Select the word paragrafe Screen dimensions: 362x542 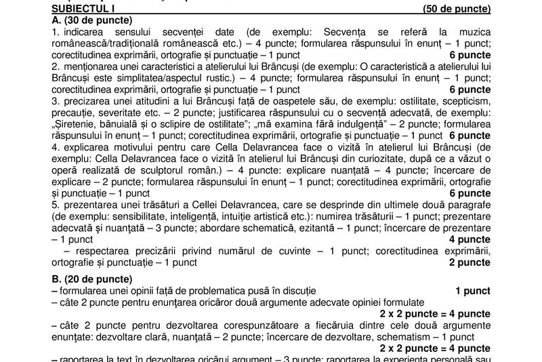tap(468, 205)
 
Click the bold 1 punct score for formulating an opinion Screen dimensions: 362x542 tap(472, 291)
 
